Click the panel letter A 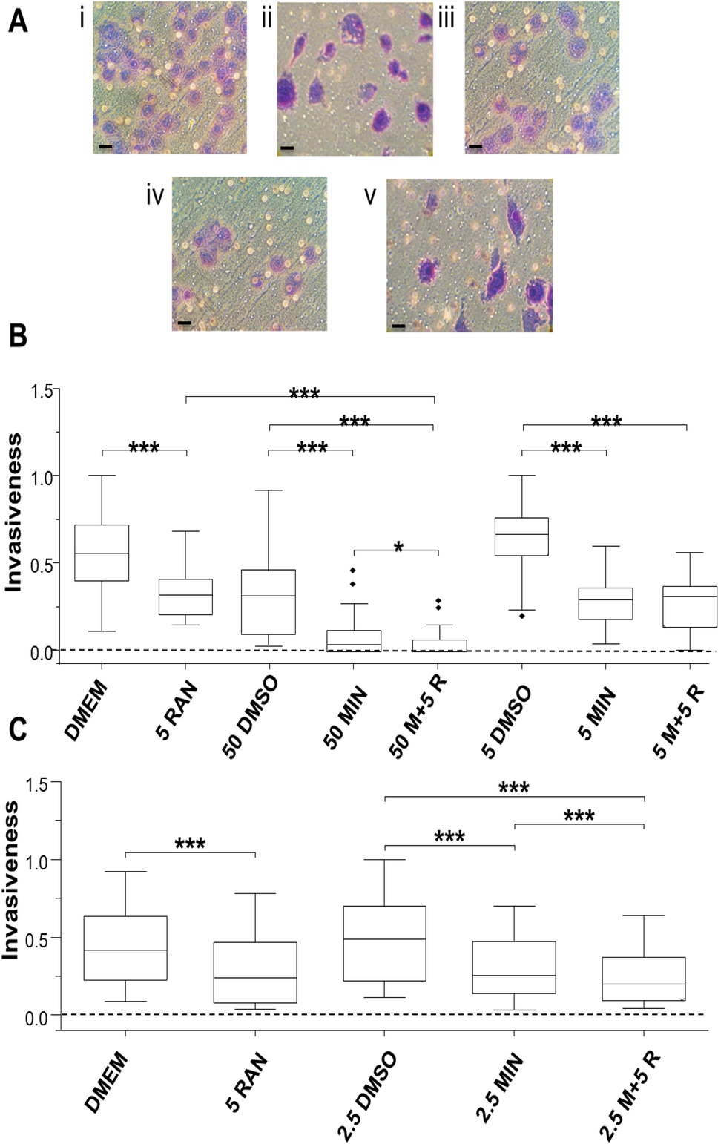pyautogui.click(x=18, y=20)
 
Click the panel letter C pyautogui.click(x=18, y=729)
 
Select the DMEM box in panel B pyautogui.click(x=102, y=553)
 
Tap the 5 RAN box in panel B pyautogui.click(x=185, y=596)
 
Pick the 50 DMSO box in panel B pyautogui.click(x=269, y=602)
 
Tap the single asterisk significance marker pyautogui.click(x=398, y=548)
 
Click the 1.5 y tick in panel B pyautogui.click(x=42, y=391)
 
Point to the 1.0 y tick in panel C pyautogui.click(x=37, y=861)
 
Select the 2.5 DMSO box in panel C pyautogui.click(x=384, y=943)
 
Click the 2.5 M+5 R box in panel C pyautogui.click(x=643, y=979)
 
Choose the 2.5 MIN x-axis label pyautogui.click(x=499, y=1088)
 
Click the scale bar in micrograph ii pyautogui.click(x=287, y=148)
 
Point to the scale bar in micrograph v pyautogui.click(x=398, y=326)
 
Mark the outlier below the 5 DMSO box pyautogui.click(x=521, y=616)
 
